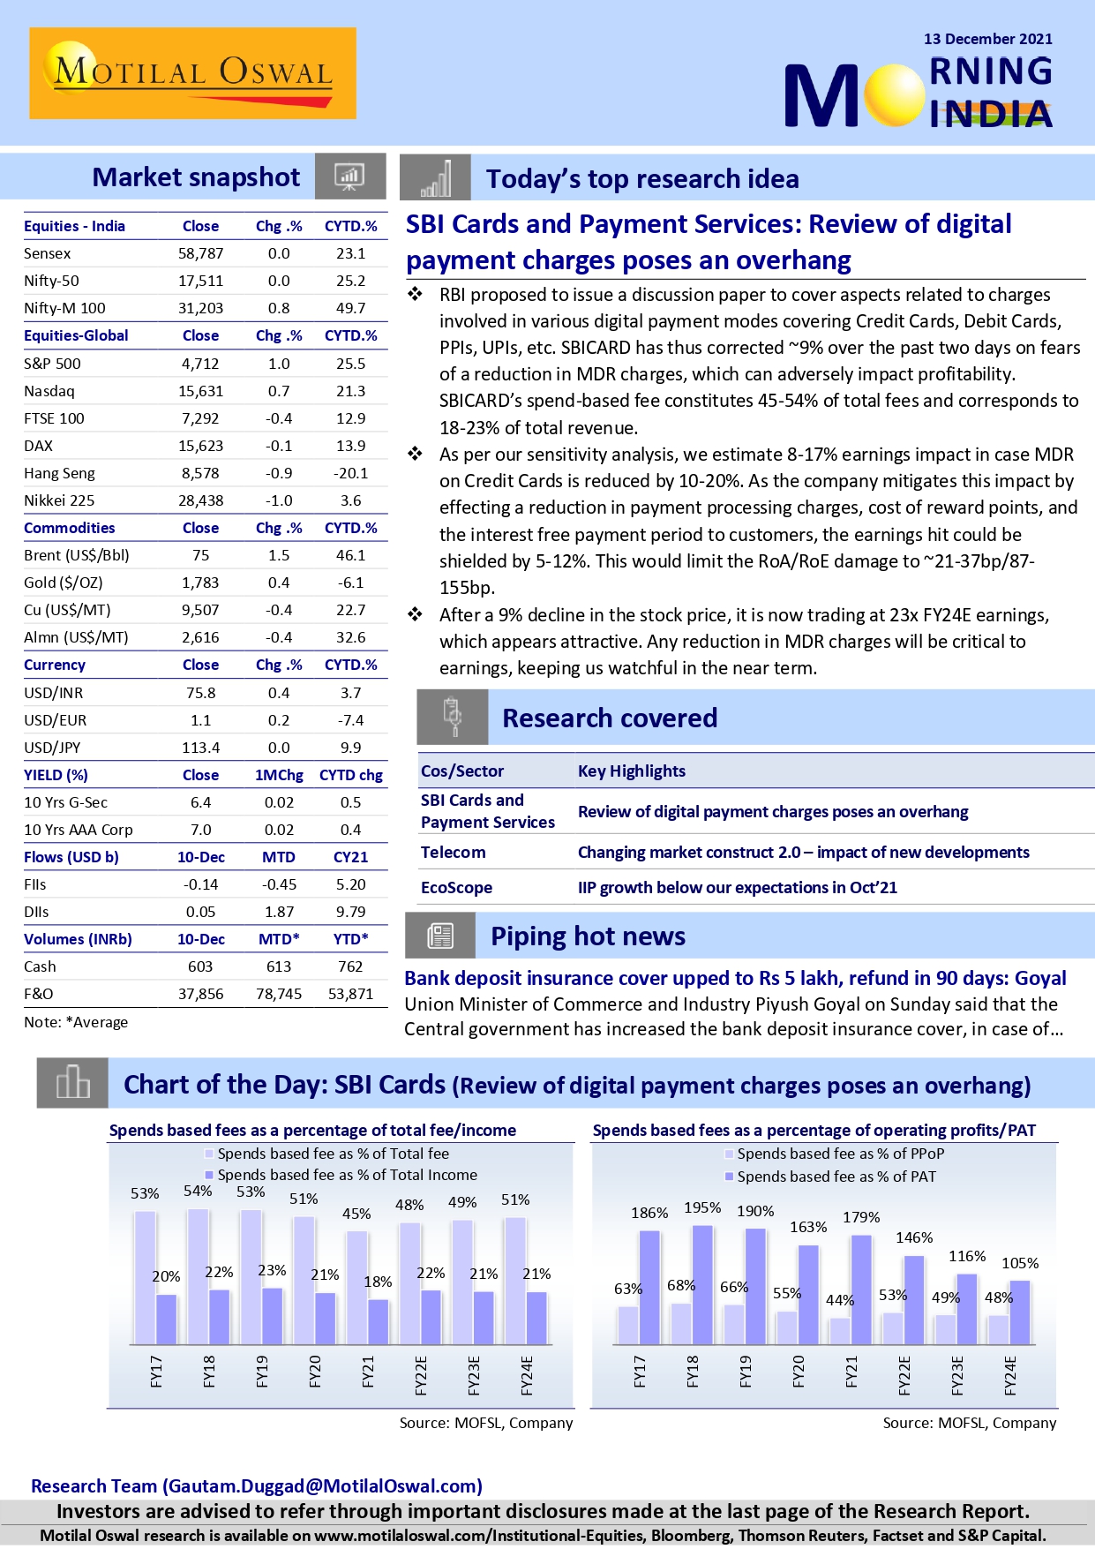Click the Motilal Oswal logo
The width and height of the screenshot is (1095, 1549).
tap(192, 73)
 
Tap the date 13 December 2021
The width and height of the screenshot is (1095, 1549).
tap(987, 39)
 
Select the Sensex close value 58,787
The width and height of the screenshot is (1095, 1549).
tap(200, 253)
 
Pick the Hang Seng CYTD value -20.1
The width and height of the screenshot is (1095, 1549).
tap(350, 473)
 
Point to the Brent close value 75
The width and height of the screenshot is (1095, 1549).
tap(200, 555)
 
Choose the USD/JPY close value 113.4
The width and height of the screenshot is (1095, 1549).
tap(200, 748)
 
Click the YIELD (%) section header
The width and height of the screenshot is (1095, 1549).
tap(56, 775)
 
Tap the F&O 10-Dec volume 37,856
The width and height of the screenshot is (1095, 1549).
tap(200, 994)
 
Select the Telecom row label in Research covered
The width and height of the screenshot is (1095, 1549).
tap(453, 852)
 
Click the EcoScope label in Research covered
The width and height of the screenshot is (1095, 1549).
tap(456, 887)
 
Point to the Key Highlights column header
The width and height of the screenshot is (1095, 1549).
tap(631, 771)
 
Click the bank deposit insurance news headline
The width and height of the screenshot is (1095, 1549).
tap(735, 978)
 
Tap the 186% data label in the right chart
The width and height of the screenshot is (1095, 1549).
tap(649, 1213)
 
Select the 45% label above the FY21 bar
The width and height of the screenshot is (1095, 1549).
tap(356, 1214)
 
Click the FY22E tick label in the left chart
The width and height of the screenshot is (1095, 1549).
tap(421, 1375)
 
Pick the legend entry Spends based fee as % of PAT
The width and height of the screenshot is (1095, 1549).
tap(836, 1177)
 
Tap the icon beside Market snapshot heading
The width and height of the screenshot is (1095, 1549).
tap(349, 177)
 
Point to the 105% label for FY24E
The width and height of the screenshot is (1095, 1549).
tap(1020, 1263)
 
